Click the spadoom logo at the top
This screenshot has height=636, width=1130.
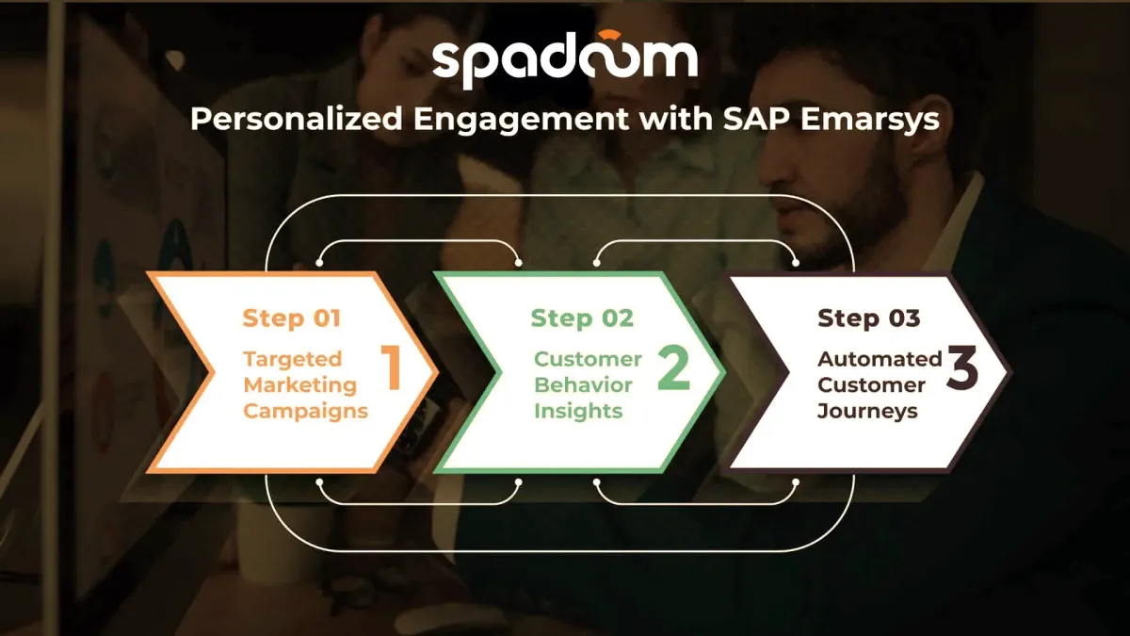[565, 59]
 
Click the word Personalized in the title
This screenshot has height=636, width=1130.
[296, 119]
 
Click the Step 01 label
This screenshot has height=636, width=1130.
[292, 318]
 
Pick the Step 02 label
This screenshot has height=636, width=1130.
[582, 318]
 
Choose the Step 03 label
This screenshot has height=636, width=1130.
[868, 318]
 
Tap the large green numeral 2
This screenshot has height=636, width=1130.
[674, 368]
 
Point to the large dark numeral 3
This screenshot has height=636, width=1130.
[962, 367]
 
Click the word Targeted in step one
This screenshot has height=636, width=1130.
[293, 360]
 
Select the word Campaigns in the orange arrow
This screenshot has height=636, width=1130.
[306, 412]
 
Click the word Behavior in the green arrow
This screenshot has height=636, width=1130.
[583, 385]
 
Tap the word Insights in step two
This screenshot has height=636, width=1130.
[578, 412]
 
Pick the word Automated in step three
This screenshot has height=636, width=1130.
[880, 359]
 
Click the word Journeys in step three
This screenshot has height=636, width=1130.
[867, 412]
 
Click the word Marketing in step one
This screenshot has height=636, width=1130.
[300, 385]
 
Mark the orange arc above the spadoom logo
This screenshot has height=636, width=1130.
[607, 35]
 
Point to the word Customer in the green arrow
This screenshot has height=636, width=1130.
[588, 359]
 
